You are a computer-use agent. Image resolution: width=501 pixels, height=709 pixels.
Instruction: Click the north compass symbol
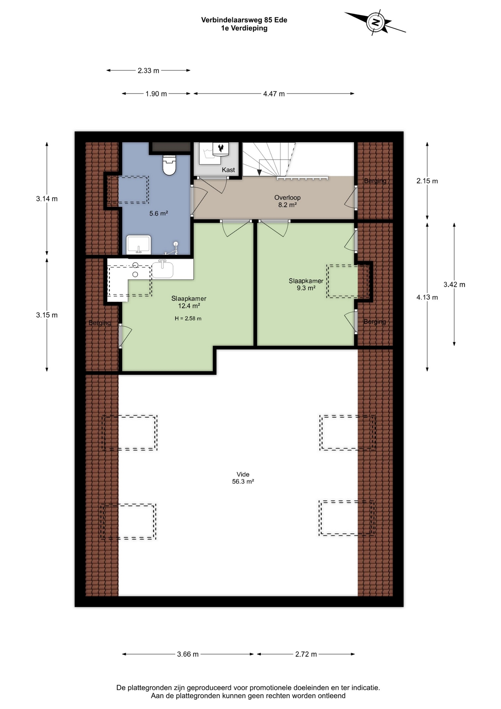376,22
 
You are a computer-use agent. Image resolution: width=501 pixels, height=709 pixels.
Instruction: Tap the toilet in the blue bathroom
169,165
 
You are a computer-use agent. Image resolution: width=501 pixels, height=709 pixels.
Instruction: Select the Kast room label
228,170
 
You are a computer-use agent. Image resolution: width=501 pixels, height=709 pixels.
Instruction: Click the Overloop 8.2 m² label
287,201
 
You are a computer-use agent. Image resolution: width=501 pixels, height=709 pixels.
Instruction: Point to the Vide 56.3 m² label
243,478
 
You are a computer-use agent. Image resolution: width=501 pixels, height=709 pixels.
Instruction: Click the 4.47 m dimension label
274,94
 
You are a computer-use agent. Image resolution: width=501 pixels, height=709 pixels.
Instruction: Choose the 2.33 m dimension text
148,71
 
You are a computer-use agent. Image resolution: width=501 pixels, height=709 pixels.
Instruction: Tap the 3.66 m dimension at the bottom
188,654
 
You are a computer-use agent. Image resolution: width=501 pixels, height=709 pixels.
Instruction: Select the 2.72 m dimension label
306,654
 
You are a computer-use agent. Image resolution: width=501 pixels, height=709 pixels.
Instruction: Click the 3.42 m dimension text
454,284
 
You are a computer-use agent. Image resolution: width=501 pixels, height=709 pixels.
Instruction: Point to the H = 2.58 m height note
188,318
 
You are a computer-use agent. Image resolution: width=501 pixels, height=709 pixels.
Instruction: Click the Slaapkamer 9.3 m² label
306,284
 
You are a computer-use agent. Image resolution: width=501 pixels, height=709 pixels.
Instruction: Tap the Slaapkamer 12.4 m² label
189,302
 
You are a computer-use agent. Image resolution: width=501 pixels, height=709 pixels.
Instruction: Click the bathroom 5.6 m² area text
159,213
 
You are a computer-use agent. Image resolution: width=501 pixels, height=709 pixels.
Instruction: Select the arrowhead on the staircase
259,172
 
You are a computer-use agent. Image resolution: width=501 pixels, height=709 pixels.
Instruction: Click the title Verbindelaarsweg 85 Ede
244,20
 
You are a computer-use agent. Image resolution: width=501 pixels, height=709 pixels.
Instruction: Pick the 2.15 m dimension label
427,181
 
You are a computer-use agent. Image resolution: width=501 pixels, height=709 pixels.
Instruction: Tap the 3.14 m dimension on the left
47,199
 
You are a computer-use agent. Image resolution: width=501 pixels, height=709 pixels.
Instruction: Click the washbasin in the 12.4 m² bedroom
162,270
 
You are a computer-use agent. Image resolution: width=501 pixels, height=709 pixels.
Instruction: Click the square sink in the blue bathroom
139,244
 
